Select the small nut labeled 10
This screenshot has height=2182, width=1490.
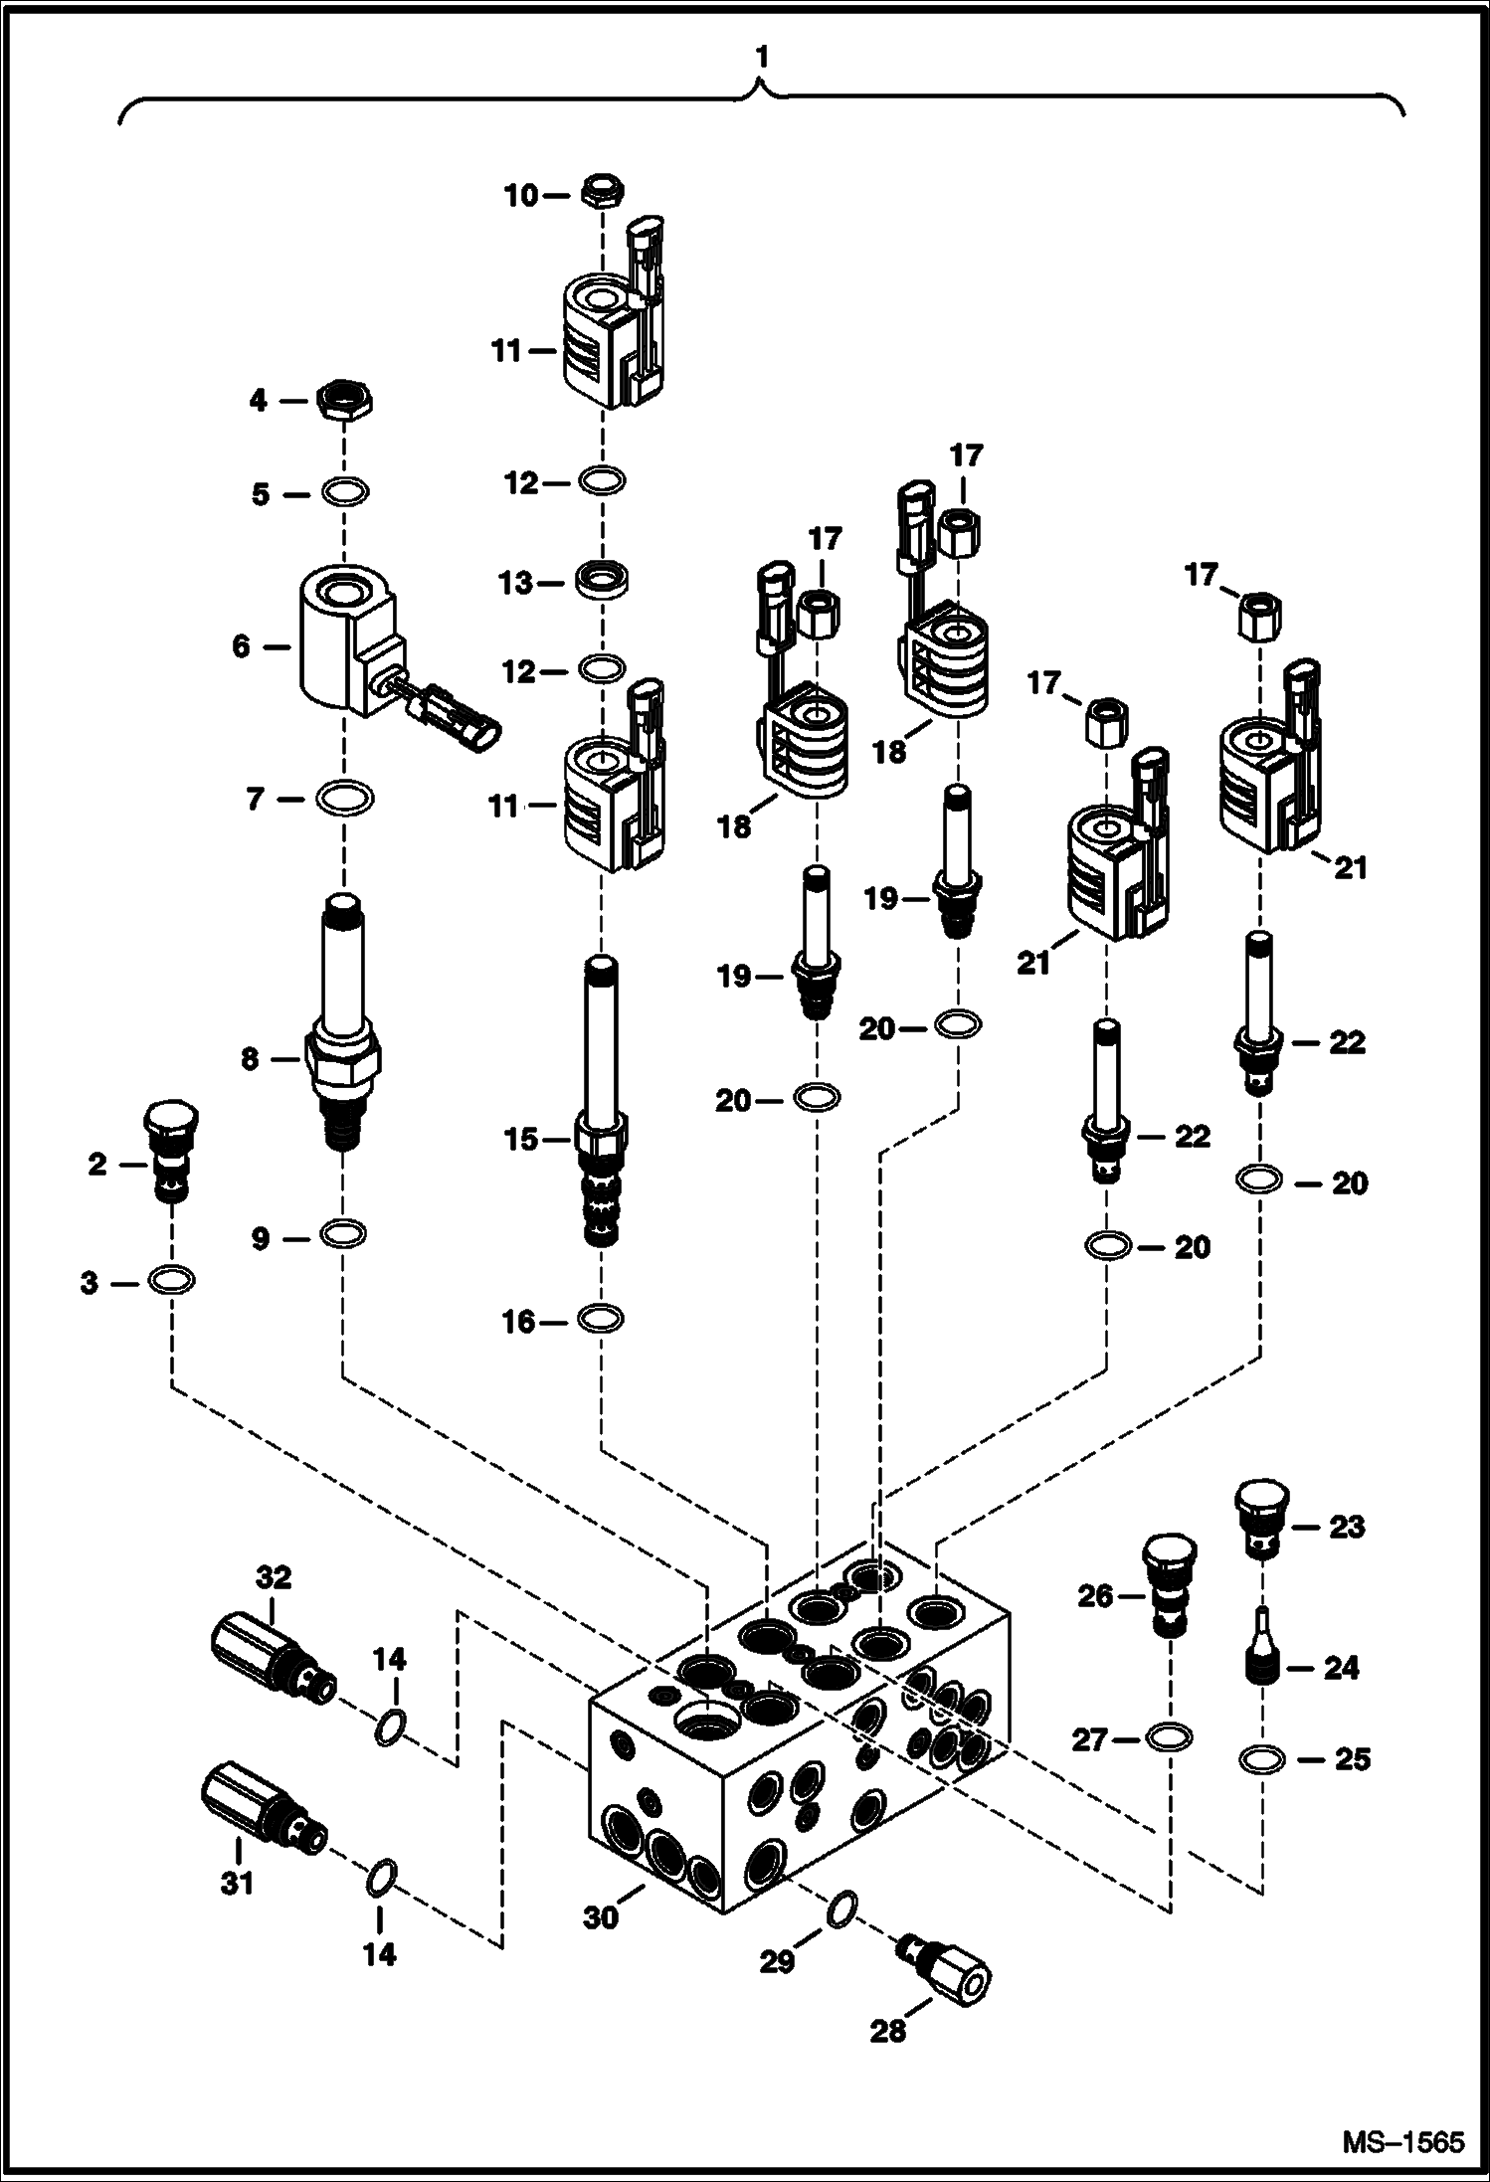602,192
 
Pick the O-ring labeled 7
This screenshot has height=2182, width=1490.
344,797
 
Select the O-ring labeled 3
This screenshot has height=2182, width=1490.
172,1280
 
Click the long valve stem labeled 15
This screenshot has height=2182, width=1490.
602,1104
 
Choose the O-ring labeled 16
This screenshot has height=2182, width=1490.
602,1319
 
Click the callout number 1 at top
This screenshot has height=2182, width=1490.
761,59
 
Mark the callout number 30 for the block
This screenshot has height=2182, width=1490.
601,1916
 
